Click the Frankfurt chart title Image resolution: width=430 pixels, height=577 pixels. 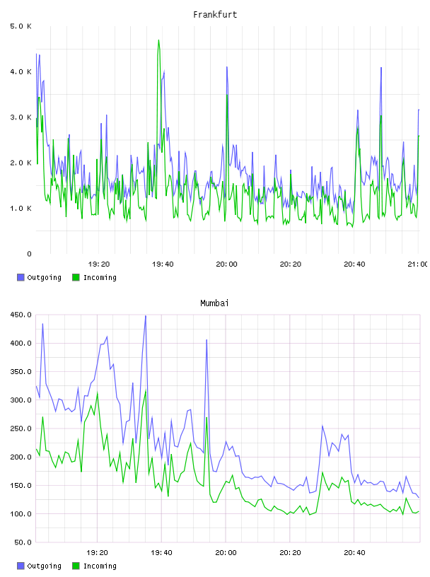(215, 14)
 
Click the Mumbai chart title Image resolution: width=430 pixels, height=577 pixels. (214, 303)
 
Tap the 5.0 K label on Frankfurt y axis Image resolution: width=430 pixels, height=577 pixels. (21, 26)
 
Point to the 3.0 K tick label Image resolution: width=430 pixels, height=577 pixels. (21, 117)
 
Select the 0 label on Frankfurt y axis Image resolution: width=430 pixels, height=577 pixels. (29, 254)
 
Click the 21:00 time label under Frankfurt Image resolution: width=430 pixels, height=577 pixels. (418, 264)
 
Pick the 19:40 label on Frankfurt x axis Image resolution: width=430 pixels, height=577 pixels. (163, 264)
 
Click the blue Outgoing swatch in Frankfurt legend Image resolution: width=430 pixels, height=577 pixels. (21, 277)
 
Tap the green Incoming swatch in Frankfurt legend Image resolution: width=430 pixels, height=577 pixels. (76, 277)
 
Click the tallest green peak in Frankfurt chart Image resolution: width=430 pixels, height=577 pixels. (158, 40)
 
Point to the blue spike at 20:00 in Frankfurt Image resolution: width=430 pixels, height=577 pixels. (227, 67)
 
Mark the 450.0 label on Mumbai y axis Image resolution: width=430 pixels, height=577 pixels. (21, 315)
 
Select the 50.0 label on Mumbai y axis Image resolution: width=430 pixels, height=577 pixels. (23, 542)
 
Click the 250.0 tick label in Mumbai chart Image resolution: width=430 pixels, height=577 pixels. (21, 429)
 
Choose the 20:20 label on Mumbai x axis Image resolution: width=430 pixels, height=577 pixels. (290, 552)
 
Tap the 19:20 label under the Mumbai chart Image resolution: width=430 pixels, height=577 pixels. (97, 552)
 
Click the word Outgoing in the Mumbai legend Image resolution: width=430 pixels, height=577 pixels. (44, 566)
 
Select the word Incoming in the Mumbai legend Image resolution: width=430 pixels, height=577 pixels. (100, 566)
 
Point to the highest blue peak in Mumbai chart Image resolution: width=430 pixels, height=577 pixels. (146, 316)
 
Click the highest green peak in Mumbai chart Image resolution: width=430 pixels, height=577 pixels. (97, 392)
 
